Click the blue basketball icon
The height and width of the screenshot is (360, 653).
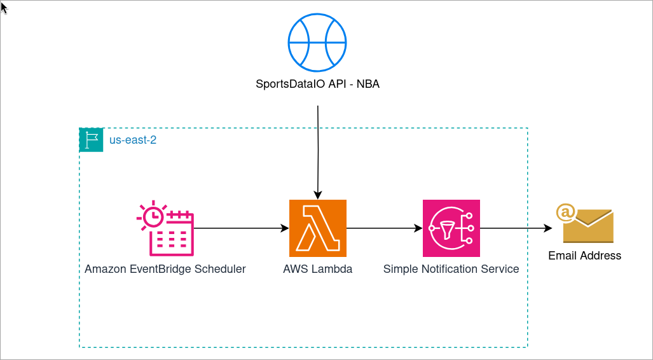[317, 43]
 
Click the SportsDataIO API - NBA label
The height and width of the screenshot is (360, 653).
[317, 83]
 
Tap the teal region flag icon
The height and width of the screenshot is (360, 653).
[91, 140]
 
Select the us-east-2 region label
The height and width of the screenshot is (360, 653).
[133, 140]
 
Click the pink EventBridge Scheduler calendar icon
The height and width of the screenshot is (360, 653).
[165, 228]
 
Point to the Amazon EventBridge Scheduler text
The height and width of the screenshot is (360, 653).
[165, 269]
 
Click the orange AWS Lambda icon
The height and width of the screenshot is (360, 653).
[317, 228]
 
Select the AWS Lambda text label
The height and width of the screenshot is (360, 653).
[317, 269]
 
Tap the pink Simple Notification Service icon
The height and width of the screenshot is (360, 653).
[451, 228]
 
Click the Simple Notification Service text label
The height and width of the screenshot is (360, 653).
[451, 269]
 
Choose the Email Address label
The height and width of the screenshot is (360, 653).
[584, 256]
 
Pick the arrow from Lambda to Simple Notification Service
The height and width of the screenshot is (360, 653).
[384, 228]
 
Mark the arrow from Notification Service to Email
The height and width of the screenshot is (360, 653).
[515, 228]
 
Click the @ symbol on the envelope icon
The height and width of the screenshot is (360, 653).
[565, 212]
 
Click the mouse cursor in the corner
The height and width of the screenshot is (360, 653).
[4, 6]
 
